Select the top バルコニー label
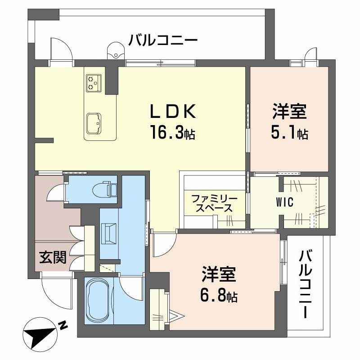pyautogui.click(x=163, y=40)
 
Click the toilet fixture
pyautogui.click(x=106, y=189)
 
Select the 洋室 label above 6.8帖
pyautogui.click(x=219, y=274)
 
